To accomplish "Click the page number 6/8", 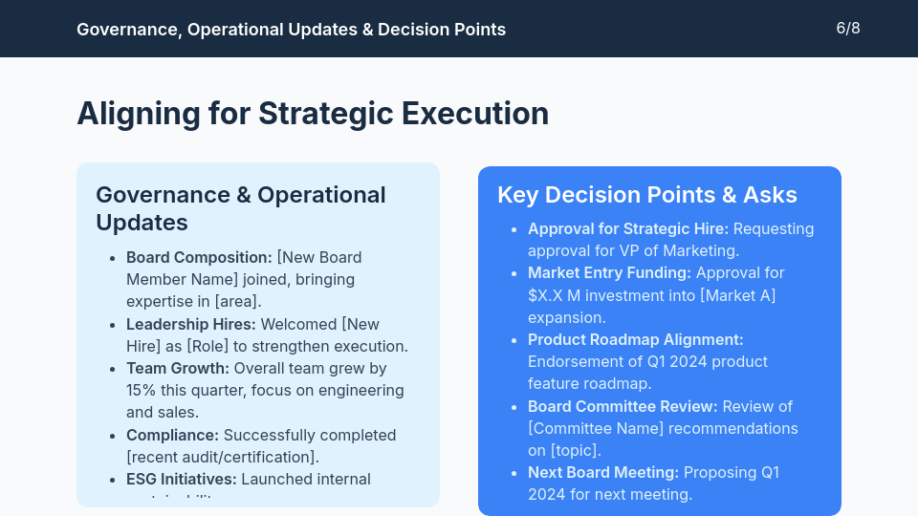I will pyautogui.click(x=847, y=28).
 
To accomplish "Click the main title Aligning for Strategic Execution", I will pyautogui.click(x=313, y=113).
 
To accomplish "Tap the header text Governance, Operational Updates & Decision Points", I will pyautogui.click(x=291, y=30).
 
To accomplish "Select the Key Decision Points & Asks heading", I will pyautogui.click(x=646, y=195).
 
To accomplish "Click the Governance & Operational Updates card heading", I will pyautogui.click(x=240, y=208).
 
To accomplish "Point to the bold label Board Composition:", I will pyautogui.click(x=199, y=257).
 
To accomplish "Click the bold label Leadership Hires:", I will pyautogui.click(x=191, y=324).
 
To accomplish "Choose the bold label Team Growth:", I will pyautogui.click(x=178, y=368).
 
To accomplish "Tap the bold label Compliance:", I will pyautogui.click(x=172, y=435).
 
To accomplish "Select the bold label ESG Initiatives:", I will pyautogui.click(x=181, y=479).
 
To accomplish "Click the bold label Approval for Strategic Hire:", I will pyautogui.click(x=628, y=228).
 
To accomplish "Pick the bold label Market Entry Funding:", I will pyautogui.click(x=609, y=272).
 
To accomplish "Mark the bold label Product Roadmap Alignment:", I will pyautogui.click(x=635, y=339).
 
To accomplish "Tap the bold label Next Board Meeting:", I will pyautogui.click(x=603, y=472).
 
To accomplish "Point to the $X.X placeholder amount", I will pyautogui.click(x=546, y=295).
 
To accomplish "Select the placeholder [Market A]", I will pyautogui.click(x=737, y=295).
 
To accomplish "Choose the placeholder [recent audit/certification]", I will pyautogui.click(x=222, y=457).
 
